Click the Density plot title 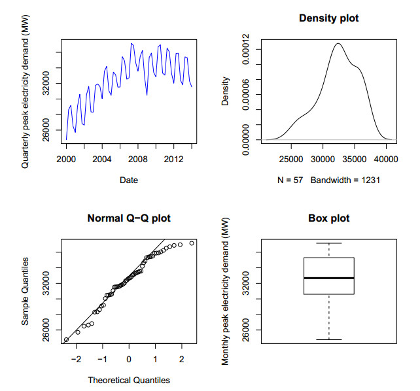tap(328, 18)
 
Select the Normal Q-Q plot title tap(129, 218)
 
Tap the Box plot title tap(328, 218)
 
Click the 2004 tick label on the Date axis tap(101, 160)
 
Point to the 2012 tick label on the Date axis tap(173, 160)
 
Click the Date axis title tap(129, 180)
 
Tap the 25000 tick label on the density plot tap(291, 160)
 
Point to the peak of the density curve tap(338, 44)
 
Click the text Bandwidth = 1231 tap(345, 179)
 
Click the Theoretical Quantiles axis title tap(129, 379)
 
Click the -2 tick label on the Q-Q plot tap(76, 360)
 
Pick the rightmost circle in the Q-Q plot tap(192, 243)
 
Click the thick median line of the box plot tap(328, 278)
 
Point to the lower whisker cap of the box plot tap(328, 339)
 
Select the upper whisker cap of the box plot tap(328, 243)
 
